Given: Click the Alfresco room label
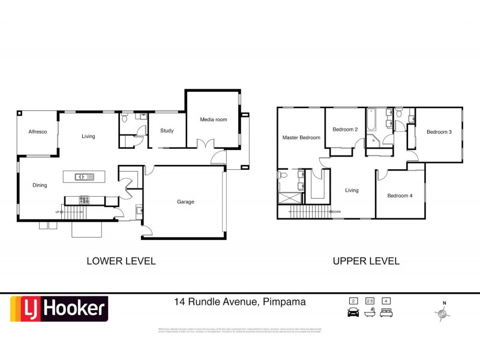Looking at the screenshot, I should (x=29, y=132).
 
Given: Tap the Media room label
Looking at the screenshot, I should (x=214, y=119).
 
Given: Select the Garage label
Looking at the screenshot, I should (x=185, y=202).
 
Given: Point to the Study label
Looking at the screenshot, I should (x=167, y=131).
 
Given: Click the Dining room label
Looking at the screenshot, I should (x=40, y=185).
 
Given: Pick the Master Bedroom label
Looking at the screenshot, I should (x=301, y=137).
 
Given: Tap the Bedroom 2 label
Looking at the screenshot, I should (x=345, y=130).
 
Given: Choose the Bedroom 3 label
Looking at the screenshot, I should (x=439, y=132).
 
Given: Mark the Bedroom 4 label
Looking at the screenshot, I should (x=400, y=196).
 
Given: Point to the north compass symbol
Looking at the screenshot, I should (x=443, y=312).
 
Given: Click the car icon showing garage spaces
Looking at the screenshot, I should (x=353, y=313).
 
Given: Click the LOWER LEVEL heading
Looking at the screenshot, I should (x=121, y=261).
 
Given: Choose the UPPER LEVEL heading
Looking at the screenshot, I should (x=366, y=261).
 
